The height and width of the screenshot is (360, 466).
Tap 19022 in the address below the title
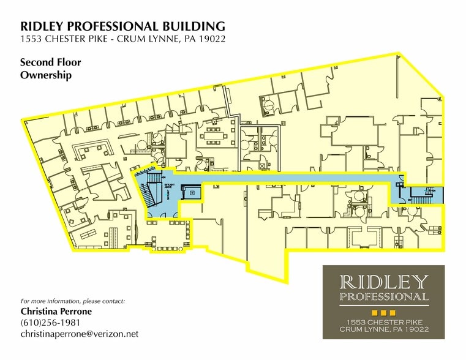[x=210, y=40]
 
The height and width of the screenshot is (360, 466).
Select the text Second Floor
[x=50, y=62]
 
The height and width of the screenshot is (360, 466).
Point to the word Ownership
[x=46, y=75]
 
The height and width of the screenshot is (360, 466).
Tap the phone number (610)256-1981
[x=50, y=323]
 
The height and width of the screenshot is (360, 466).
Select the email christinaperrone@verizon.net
[x=80, y=334]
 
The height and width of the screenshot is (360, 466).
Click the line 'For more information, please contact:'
[x=72, y=301]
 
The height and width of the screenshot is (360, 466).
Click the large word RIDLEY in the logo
[x=384, y=282]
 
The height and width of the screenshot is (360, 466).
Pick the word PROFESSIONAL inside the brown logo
[x=384, y=297]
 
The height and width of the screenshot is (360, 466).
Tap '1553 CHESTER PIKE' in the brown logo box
[x=384, y=322]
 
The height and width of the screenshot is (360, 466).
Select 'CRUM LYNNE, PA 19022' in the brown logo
[x=384, y=329]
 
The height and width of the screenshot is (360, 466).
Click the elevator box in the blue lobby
[x=192, y=192]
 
